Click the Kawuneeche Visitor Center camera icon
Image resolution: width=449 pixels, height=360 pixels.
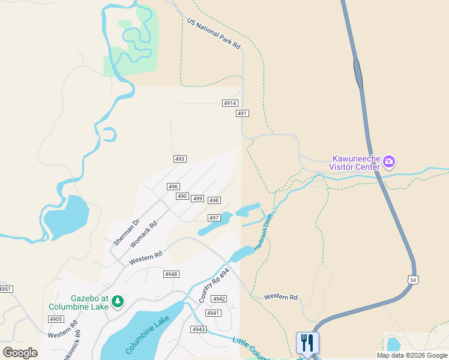click(x=389, y=161)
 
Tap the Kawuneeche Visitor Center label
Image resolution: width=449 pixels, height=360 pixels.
click(x=356, y=163)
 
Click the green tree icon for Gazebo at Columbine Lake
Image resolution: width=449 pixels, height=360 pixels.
click(x=118, y=301)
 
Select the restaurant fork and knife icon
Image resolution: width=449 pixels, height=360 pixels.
click(x=307, y=343)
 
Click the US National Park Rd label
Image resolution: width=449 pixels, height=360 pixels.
click(x=213, y=34)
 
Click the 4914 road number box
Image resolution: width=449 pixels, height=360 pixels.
click(x=230, y=103)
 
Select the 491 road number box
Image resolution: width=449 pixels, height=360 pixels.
click(x=242, y=113)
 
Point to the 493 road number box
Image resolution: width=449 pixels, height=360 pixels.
click(x=180, y=159)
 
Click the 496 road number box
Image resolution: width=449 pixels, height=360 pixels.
click(x=173, y=187)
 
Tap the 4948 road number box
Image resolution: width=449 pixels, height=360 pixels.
click(x=171, y=274)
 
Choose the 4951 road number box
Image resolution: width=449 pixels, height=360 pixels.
click(x=5, y=289)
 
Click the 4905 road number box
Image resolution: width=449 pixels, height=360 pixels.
click(x=56, y=319)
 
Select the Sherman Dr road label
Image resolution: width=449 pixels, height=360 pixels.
click(x=126, y=232)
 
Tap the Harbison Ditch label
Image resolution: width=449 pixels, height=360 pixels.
click(x=264, y=232)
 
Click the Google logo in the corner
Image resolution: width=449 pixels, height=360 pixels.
click(x=20, y=353)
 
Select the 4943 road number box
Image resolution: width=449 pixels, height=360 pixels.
click(x=199, y=329)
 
